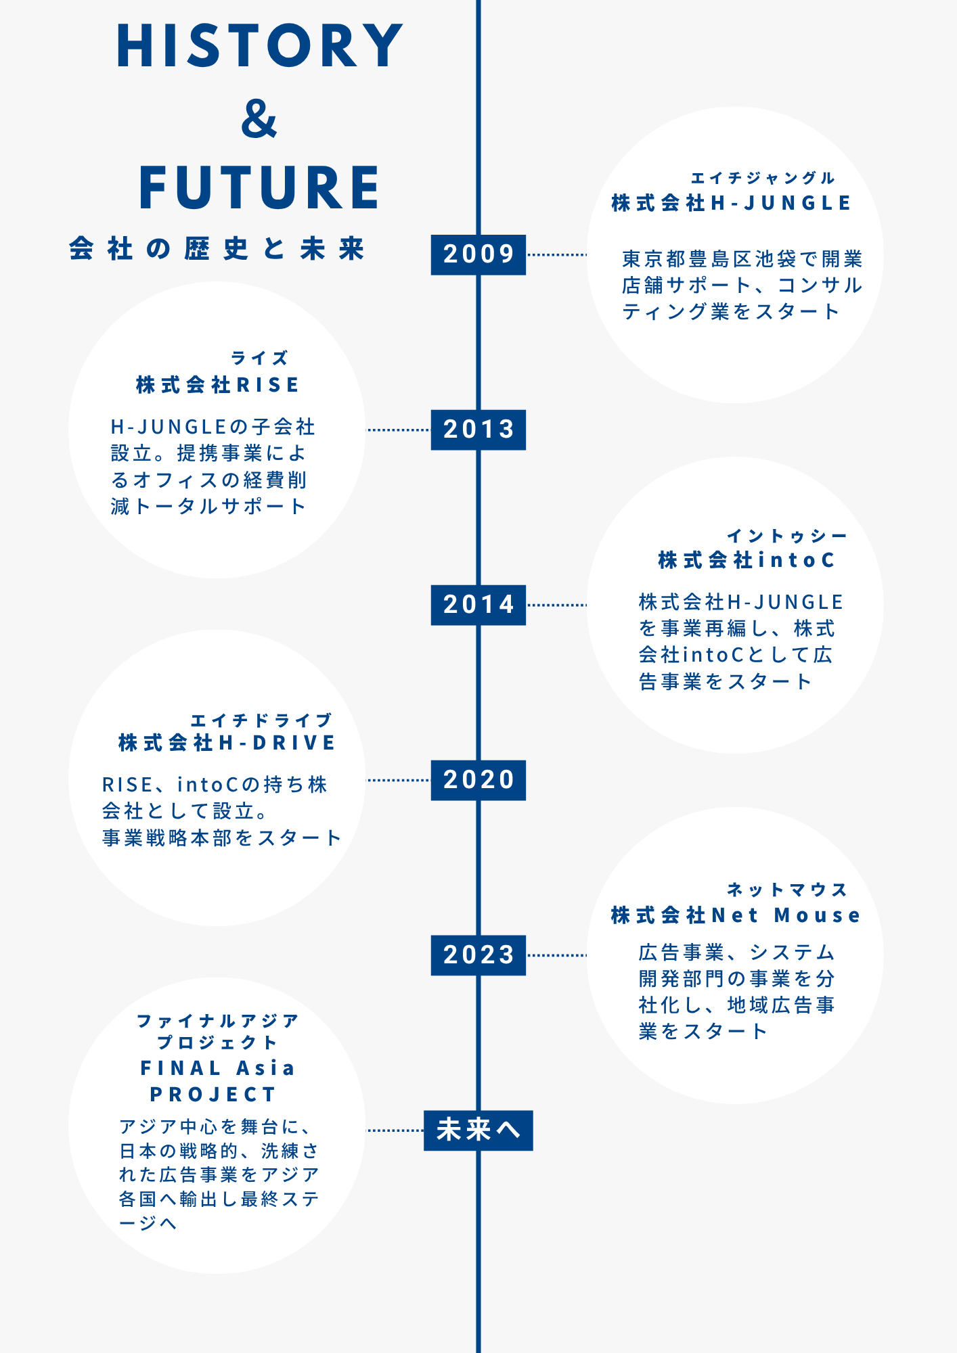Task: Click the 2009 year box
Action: tap(478, 254)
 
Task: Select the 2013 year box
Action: tap(478, 430)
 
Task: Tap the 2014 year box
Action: tap(478, 605)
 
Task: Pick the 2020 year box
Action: tap(478, 780)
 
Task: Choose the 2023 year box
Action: tap(478, 955)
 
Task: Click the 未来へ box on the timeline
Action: tap(478, 1130)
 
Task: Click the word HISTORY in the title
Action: tap(260, 46)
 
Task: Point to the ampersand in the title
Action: tap(259, 118)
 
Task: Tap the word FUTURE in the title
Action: tap(259, 188)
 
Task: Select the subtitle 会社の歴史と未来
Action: tap(217, 249)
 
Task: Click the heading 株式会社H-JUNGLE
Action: tap(731, 203)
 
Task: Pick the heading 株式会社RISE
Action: tap(217, 385)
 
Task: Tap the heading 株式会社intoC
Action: tap(747, 560)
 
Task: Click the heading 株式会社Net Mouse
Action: tap(736, 915)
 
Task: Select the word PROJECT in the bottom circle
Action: tap(213, 1094)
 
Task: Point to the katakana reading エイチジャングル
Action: tap(763, 179)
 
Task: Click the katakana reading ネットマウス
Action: tap(787, 890)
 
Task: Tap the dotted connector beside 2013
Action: tap(399, 430)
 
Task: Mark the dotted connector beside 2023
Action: tap(557, 955)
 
